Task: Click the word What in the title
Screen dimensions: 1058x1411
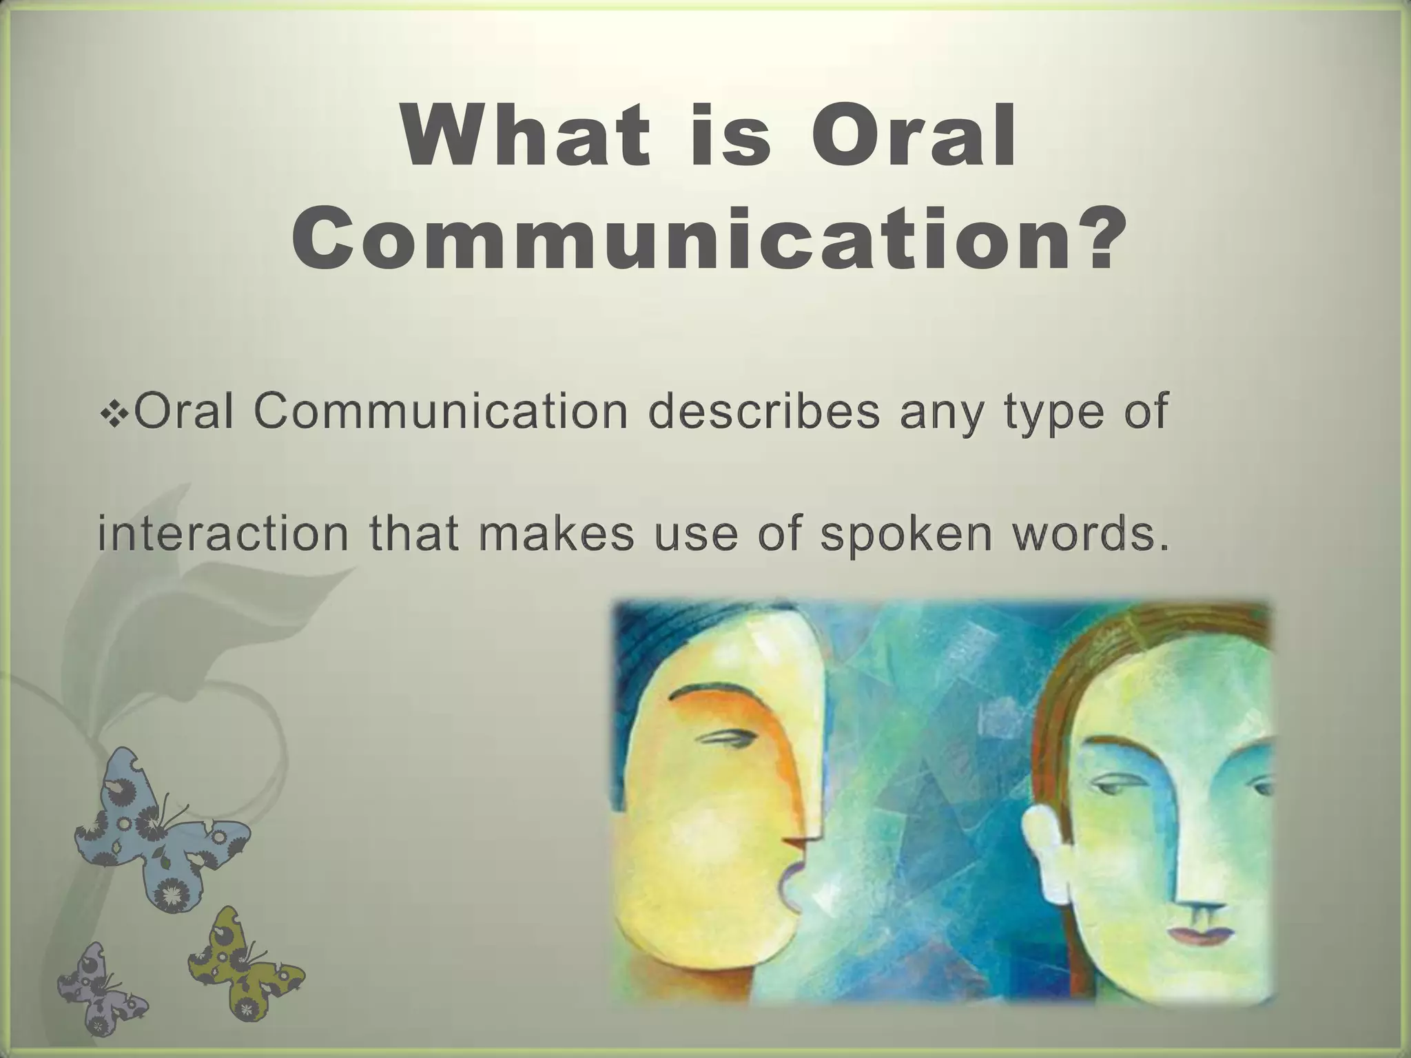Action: (526, 136)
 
